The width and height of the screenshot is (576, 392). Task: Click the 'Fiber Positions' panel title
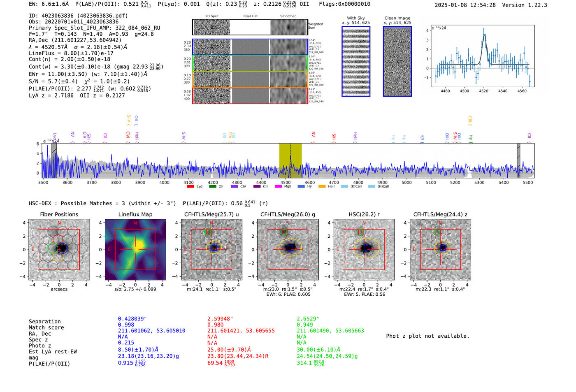click(x=59, y=214)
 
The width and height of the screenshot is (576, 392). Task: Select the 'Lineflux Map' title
click(x=135, y=214)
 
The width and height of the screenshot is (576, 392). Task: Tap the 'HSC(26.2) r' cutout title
click(x=364, y=214)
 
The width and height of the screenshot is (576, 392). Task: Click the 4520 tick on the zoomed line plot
click(x=483, y=91)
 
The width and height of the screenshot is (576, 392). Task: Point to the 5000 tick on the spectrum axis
click(x=406, y=182)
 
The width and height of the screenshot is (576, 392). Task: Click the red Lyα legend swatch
click(x=190, y=187)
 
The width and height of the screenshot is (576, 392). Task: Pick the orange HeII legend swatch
click(x=321, y=187)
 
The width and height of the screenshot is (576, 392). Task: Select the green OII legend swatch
click(x=213, y=187)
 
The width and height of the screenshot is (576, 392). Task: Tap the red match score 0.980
click(x=216, y=325)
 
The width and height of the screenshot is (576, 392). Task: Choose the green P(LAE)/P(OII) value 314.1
click(x=304, y=363)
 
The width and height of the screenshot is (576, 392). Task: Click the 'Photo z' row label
click(x=40, y=346)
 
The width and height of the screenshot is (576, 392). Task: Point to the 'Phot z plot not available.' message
click(x=427, y=336)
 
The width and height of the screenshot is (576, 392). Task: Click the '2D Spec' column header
click(x=211, y=16)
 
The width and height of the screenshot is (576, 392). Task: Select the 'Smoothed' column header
click(x=288, y=16)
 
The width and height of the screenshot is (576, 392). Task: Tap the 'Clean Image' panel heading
click(x=397, y=18)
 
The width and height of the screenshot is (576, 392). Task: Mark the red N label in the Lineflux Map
click(x=135, y=223)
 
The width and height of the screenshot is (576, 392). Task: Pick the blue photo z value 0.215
click(x=126, y=343)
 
